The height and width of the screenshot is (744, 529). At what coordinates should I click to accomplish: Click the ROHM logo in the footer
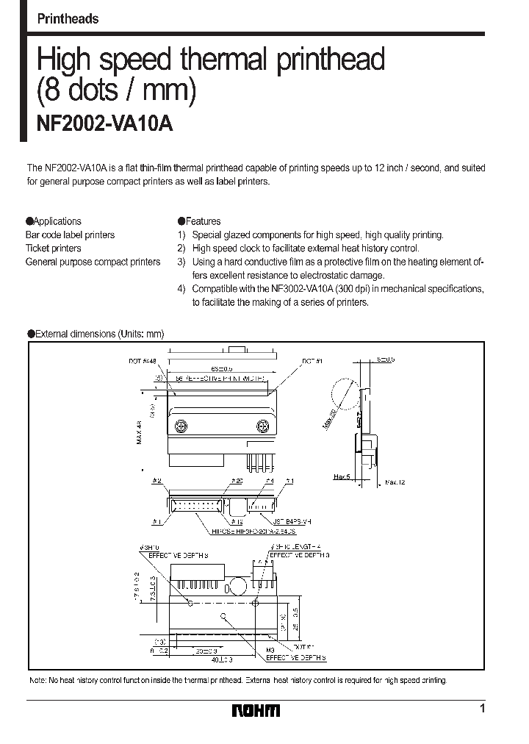click(256, 710)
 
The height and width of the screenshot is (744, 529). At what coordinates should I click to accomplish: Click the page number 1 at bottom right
click(482, 709)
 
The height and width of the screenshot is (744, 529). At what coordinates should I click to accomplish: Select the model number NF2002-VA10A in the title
click(105, 124)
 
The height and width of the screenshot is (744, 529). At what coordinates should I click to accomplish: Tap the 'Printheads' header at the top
click(68, 19)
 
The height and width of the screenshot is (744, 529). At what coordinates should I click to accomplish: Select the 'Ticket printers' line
click(54, 248)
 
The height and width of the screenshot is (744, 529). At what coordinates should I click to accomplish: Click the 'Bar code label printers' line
click(71, 235)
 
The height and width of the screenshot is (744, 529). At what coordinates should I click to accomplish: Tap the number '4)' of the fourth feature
click(181, 289)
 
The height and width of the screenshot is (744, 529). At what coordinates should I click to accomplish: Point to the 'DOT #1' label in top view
click(312, 360)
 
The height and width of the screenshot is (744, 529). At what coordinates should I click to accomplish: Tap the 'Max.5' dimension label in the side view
click(342, 477)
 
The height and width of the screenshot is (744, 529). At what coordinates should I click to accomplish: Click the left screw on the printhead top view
click(181, 425)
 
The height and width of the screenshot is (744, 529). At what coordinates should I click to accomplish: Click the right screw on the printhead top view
click(262, 425)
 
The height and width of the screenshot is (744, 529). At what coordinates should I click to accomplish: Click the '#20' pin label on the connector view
click(237, 481)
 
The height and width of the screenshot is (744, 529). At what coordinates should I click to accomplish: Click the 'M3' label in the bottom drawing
click(270, 651)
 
